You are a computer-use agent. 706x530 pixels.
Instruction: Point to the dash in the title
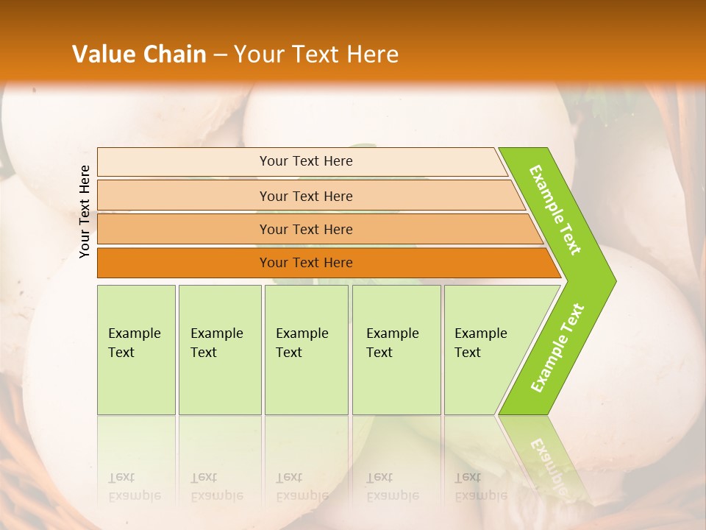[x=220, y=55]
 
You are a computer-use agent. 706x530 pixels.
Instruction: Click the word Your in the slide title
[x=256, y=54]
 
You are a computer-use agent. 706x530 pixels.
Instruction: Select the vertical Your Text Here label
[x=85, y=211]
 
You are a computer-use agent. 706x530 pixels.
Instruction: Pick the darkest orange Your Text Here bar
[x=306, y=263]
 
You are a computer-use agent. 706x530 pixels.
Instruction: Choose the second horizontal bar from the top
[x=306, y=196]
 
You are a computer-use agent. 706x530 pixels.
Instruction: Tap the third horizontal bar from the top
[x=306, y=229]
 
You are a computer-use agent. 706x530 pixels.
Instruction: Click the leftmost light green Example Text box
[x=136, y=350]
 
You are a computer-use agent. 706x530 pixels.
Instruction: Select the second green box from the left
[x=220, y=350]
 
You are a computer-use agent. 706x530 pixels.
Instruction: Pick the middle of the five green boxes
[x=306, y=350]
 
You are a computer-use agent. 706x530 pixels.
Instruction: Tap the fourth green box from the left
[x=396, y=350]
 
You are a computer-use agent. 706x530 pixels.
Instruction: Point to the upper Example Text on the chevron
[x=555, y=210]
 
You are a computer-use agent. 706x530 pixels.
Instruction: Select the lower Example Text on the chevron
[x=557, y=348]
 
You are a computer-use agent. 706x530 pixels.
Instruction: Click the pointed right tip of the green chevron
[x=612, y=280]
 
